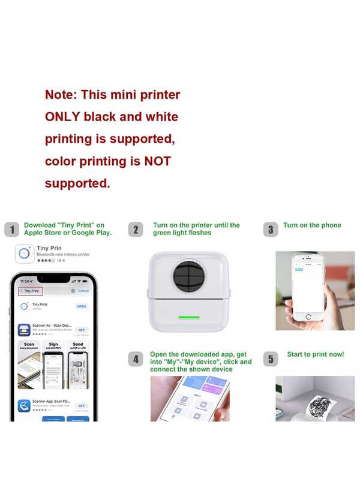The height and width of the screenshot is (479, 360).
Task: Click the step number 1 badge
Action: [x=11, y=229]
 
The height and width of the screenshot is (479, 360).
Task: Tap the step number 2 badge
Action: [x=137, y=229]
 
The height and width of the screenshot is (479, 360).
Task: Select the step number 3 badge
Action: [x=271, y=229]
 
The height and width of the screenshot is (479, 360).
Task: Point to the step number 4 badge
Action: [x=137, y=359]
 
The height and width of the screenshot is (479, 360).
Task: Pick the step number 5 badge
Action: [x=271, y=359]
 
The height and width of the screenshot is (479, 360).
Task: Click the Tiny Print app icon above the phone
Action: [x=23, y=254]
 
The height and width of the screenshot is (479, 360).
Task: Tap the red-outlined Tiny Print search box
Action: [x=31, y=291]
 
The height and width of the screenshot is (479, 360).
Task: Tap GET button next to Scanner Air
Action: [x=81, y=330]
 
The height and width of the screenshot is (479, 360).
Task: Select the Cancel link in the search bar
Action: [x=83, y=291]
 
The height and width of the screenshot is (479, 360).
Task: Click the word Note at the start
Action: [x=61, y=95]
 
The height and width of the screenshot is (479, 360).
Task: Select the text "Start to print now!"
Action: [x=315, y=354]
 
